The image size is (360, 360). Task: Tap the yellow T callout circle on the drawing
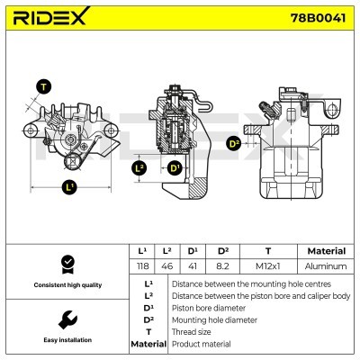(x=42, y=87)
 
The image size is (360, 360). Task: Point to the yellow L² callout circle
(x=139, y=167)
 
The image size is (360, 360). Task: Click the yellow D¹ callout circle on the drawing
(x=174, y=167)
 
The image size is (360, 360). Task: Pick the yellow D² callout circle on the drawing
(x=234, y=143)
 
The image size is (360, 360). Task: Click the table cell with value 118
(x=140, y=266)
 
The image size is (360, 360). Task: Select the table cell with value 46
(x=166, y=266)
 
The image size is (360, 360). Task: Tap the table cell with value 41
(x=193, y=266)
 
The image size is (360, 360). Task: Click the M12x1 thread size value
(x=267, y=266)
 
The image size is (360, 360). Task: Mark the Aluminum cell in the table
(x=326, y=266)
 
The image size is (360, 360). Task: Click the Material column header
(x=326, y=251)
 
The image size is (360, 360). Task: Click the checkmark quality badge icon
(x=66, y=264)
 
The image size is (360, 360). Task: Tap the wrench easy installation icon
(x=66, y=319)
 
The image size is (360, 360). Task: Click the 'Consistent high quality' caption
(x=66, y=285)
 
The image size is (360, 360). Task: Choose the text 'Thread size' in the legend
(x=190, y=331)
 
